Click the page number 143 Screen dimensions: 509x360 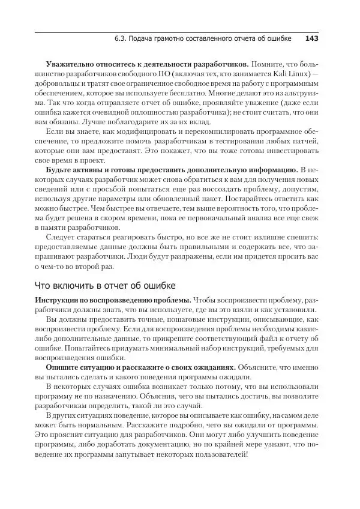click(311, 39)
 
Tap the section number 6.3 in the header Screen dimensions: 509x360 click(120, 39)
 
